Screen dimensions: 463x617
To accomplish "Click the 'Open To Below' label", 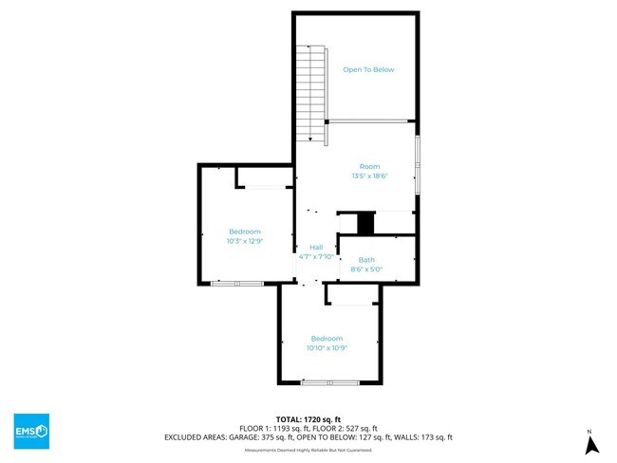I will [x=368, y=69].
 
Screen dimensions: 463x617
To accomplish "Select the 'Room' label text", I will [x=369, y=166].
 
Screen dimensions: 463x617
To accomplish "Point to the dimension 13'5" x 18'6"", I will [x=369, y=176].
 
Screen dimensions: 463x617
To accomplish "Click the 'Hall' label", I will [x=316, y=247].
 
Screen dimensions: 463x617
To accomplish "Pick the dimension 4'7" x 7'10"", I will [x=316, y=256].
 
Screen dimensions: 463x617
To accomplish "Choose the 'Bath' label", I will [x=366, y=259].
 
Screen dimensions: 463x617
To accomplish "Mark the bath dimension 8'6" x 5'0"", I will [x=366, y=269].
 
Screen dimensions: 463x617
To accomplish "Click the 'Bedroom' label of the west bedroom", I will [x=245, y=231].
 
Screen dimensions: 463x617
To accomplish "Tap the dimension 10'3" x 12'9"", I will [x=245, y=241].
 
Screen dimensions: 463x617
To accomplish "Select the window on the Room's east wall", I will [x=418, y=165].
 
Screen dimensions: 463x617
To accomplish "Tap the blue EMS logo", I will [x=31, y=431].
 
